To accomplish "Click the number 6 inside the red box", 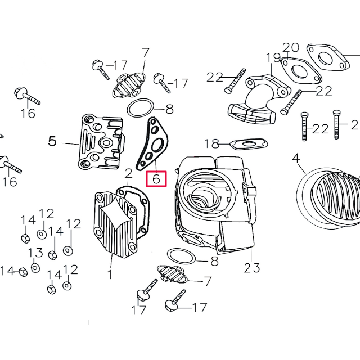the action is pos(156,179).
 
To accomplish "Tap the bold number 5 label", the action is pos(52,141).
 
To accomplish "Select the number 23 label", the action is pos(252,268).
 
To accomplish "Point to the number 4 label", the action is pos(296,159).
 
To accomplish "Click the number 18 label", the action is pos(211,144).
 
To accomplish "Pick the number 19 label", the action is pos(273,58).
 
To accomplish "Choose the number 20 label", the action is pos(291,47).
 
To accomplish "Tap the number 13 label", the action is pos(35,253).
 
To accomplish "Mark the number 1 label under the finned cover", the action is pos(110,274).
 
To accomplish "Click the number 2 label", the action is pos(129,174).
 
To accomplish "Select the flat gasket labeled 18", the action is pos(249,144).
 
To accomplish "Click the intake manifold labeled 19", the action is pos(259,99).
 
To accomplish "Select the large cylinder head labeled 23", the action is pos(215,204).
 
